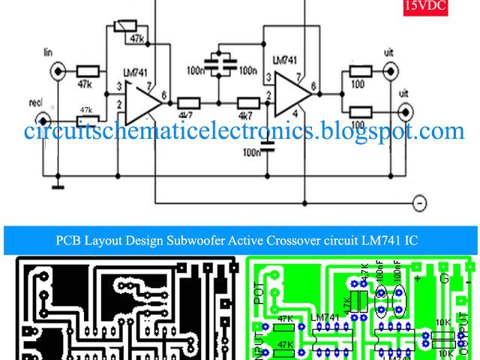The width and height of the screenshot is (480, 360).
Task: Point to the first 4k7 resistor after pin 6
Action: (x=187, y=103)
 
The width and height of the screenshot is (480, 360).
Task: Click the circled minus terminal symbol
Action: (x=420, y=202)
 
